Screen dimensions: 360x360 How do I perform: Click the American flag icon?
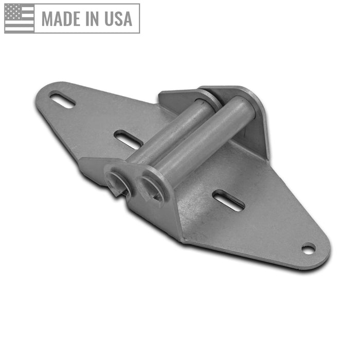pyautogui.click(x=20, y=18)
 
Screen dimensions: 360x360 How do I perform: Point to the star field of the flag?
pyautogui.click(x=12, y=12)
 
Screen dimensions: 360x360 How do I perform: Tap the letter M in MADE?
pyautogui.click(x=48, y=19)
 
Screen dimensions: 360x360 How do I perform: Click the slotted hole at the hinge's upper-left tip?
pyautogui.click(x=62, y=99)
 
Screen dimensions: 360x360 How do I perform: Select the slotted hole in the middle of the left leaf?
pyautogui.click(x=128, y=139)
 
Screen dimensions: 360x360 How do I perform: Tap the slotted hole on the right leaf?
pyautogui.click(x=228, y=200)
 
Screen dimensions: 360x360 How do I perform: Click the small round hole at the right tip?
pyautogui.click(x=308, y=249)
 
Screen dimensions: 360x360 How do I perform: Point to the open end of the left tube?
pyautogui.click(x=117, y=183)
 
